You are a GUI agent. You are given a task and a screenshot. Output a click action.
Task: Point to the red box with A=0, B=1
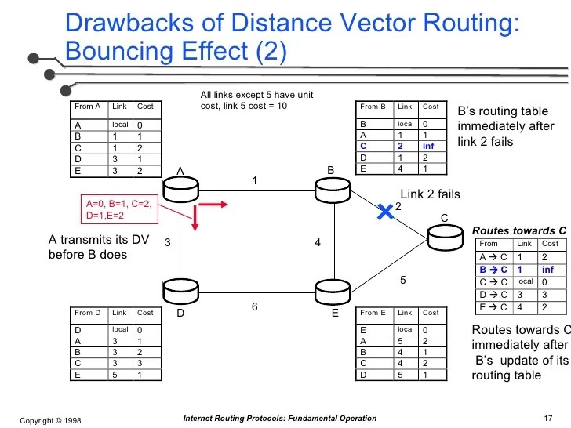119,209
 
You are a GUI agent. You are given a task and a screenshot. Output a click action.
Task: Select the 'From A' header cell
88,107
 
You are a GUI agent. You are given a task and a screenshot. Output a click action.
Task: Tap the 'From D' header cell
88,314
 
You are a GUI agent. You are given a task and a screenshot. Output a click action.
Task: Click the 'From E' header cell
373,314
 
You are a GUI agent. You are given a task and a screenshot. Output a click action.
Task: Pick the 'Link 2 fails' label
430,194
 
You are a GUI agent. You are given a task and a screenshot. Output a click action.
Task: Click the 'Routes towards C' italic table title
518,230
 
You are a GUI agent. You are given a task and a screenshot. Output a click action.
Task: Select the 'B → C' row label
493,270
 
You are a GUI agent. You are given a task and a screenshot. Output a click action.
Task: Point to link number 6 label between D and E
254,307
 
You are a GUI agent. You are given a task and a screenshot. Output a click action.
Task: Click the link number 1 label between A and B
254,181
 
